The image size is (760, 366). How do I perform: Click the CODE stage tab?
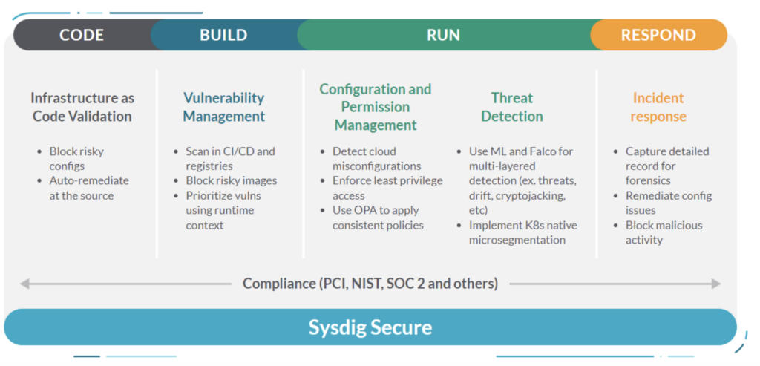tap(82, 35)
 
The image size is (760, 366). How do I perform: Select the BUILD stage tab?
tap(223, 35)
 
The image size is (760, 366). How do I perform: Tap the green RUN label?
tap(443, 35)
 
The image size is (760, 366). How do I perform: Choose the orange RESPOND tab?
tap(658, 35)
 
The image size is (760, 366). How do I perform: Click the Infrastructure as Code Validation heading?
tap(82, 107)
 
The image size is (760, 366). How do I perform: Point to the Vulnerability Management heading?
tap(223, 107)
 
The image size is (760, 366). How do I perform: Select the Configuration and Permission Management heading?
tap(375, 107)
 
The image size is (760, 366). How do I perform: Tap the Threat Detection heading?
tap(512, 107)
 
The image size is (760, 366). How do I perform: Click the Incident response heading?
tap(658, 107)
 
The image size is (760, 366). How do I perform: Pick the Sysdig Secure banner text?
tap(370, 327)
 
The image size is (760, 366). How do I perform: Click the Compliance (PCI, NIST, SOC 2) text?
tap(370, 284)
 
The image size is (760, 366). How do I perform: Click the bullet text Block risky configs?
tap(76, 159)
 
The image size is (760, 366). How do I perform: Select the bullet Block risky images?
tap(232, 181)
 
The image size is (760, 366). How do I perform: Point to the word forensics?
tap(648, 181)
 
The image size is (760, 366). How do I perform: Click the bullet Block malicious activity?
tap(664, 232)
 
